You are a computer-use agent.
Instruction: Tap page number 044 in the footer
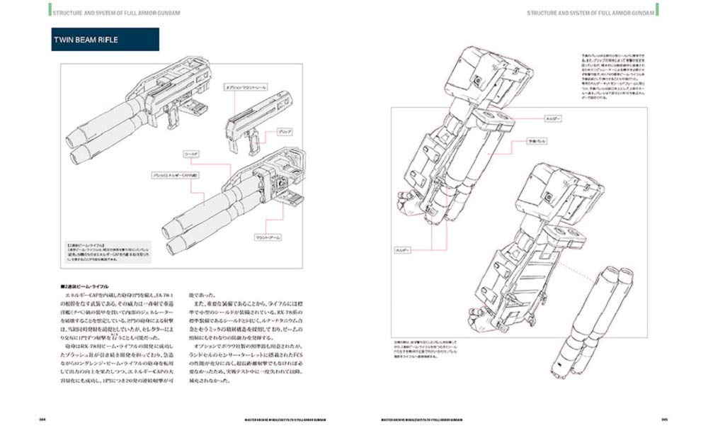pyautogui.click(x=43, y=419)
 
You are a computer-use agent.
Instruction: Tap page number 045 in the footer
pyautogui.click(x=665, y=419)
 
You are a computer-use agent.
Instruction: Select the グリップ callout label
pyautogui.click(x=285, y=131)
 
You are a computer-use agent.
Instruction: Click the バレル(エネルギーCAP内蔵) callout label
pyautogui.click(x=176, y=174)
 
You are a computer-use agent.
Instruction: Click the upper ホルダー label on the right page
pyautogui.click(x=553, y=118)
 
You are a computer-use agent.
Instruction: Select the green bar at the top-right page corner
pyautogui.click(x=658, y=9)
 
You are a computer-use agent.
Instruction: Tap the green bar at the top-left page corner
pyautogui.click(x=50, y=9)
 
